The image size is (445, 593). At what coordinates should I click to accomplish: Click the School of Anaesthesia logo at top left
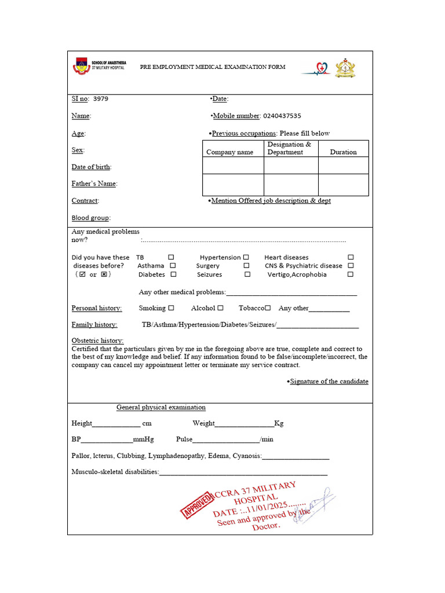(x=81, y=67)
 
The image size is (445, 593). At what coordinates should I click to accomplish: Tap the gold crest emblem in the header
(x=345, y=68)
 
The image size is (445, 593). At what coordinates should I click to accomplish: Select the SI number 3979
(x=100, y=98)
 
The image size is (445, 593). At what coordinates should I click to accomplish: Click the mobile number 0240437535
(x=282, y=116)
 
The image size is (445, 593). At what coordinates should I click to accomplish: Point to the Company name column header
(x=229, y=152)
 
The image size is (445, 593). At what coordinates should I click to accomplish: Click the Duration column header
(x=343, y=152)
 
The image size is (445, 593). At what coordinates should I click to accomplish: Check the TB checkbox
(x=171, y=257)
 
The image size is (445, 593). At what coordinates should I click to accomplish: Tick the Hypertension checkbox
(x=246, y=257)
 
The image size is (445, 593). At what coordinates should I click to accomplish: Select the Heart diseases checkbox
(x=351, y=257)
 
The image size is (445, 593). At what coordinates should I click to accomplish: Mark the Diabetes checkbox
(x=173, y=274)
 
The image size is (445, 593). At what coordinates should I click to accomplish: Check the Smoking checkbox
(x=171, y=308)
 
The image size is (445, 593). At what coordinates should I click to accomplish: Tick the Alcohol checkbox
(x=221, y=308)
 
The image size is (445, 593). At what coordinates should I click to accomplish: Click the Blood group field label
(x=90, y=218)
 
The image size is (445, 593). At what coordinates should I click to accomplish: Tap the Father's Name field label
(x=94, y=184)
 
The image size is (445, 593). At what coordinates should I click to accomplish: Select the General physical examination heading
(x=161, y=407)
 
